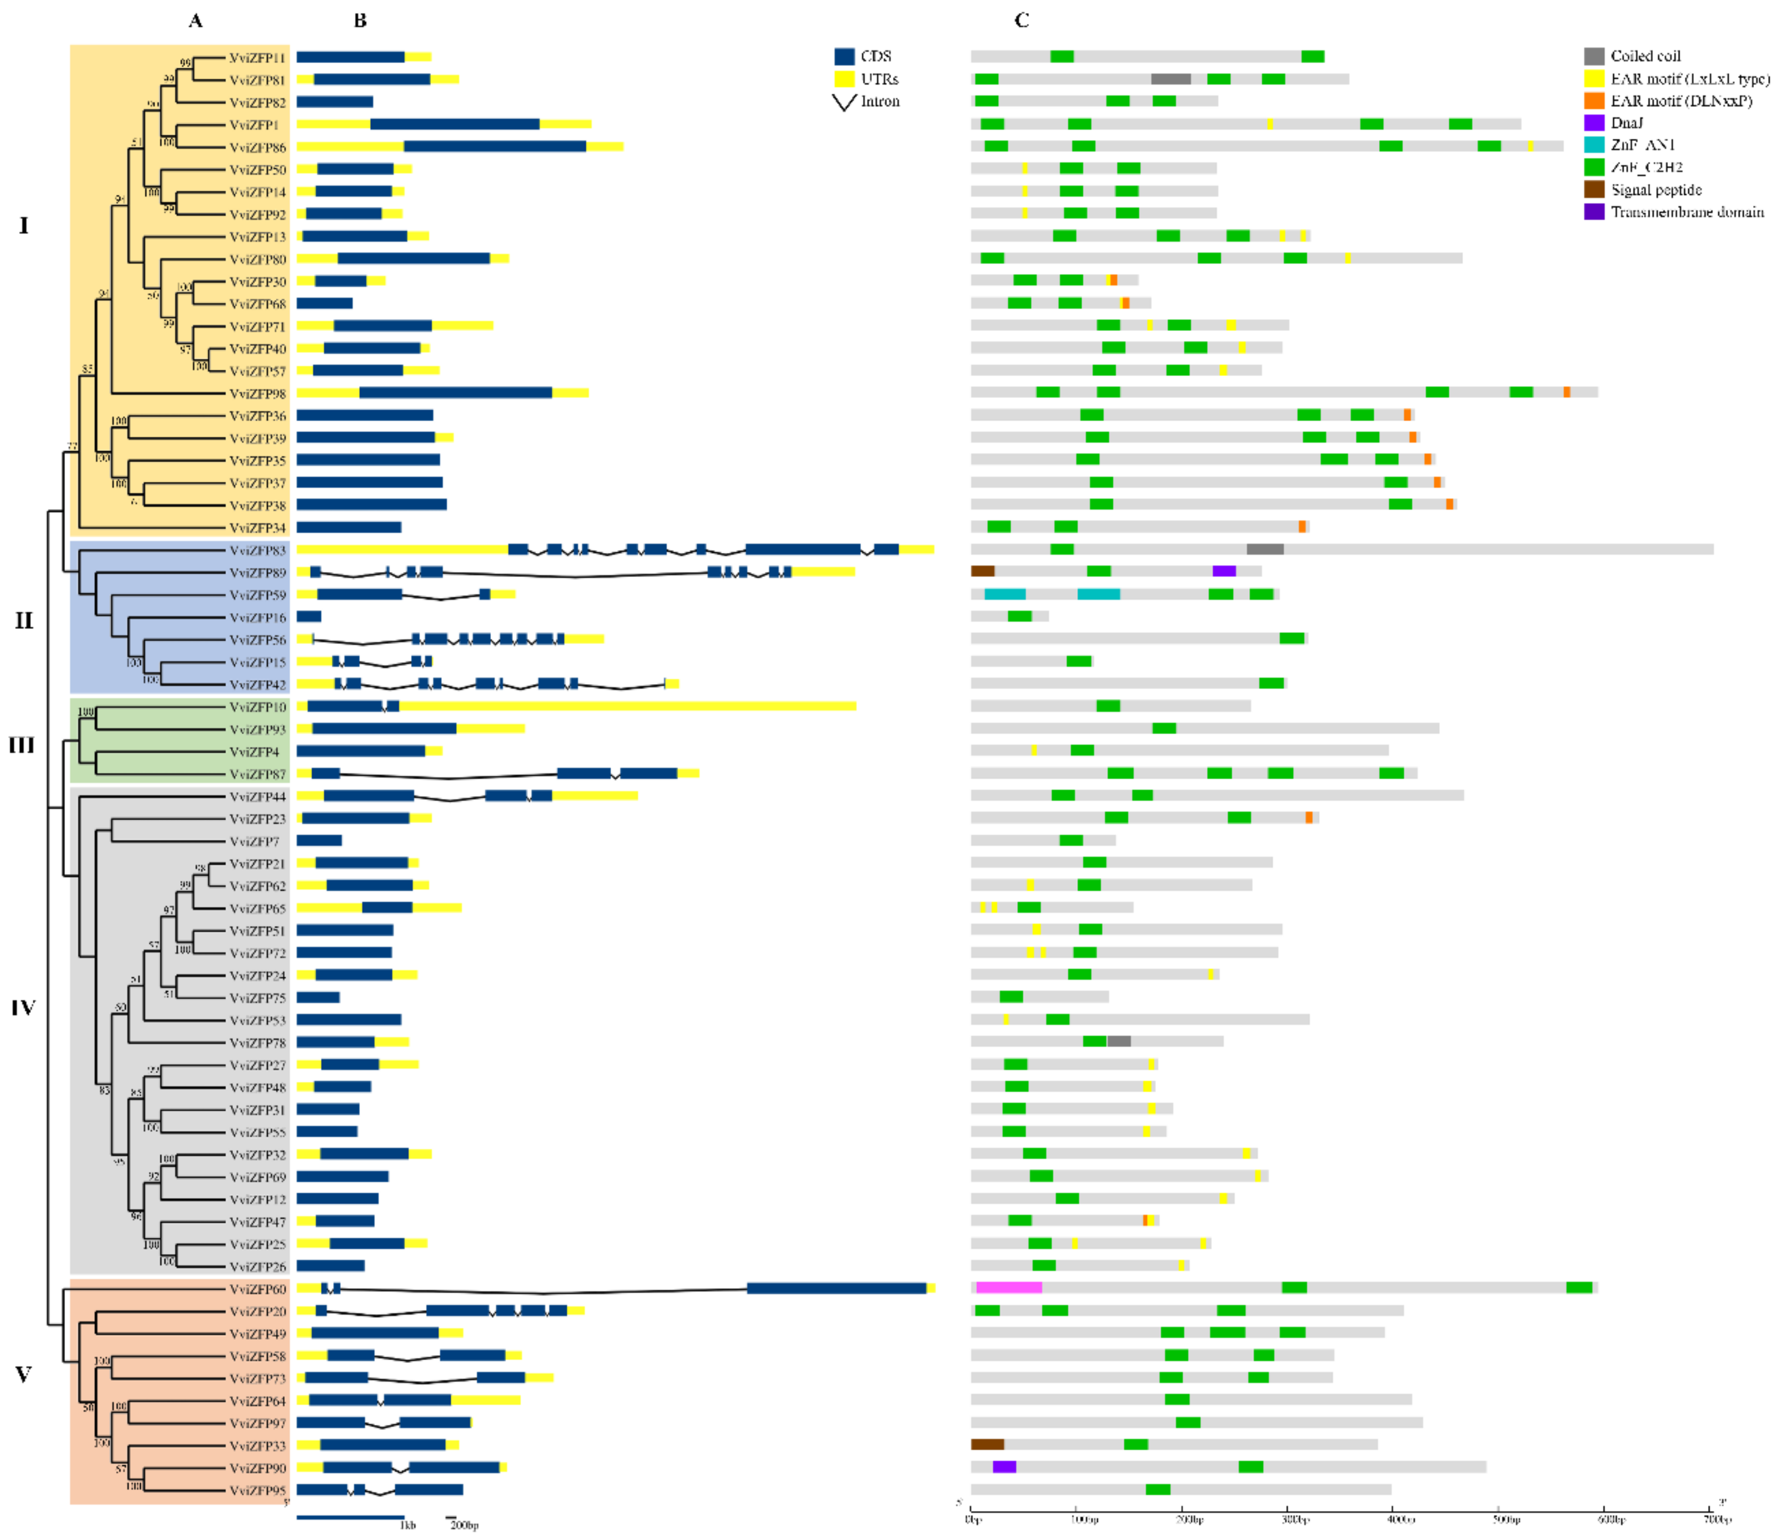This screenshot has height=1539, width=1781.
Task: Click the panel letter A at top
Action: pos(196,21)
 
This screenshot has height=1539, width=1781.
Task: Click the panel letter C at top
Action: pos(1021,21)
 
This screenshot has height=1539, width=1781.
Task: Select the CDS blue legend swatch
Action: pos(844,57)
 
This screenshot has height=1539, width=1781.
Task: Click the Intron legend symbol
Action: pos(845,102)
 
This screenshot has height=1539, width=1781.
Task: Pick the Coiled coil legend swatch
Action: pos(1594,57)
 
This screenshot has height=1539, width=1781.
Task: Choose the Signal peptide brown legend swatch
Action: pos(1594,190)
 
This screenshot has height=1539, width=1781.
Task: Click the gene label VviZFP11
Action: pos(257,58)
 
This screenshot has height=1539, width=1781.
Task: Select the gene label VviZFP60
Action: pos(257,1289)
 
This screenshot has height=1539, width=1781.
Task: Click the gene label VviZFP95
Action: pos(257,1490)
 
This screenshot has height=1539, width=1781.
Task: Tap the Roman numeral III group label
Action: pos(23,745)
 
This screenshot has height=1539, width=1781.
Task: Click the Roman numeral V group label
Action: pos(23,1374)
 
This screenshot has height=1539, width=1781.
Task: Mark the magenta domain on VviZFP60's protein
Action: pos(1009,1287)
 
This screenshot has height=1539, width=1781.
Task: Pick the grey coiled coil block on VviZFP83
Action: pos(1264,549)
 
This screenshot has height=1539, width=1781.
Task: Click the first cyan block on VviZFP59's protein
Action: pos(1004,594)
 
